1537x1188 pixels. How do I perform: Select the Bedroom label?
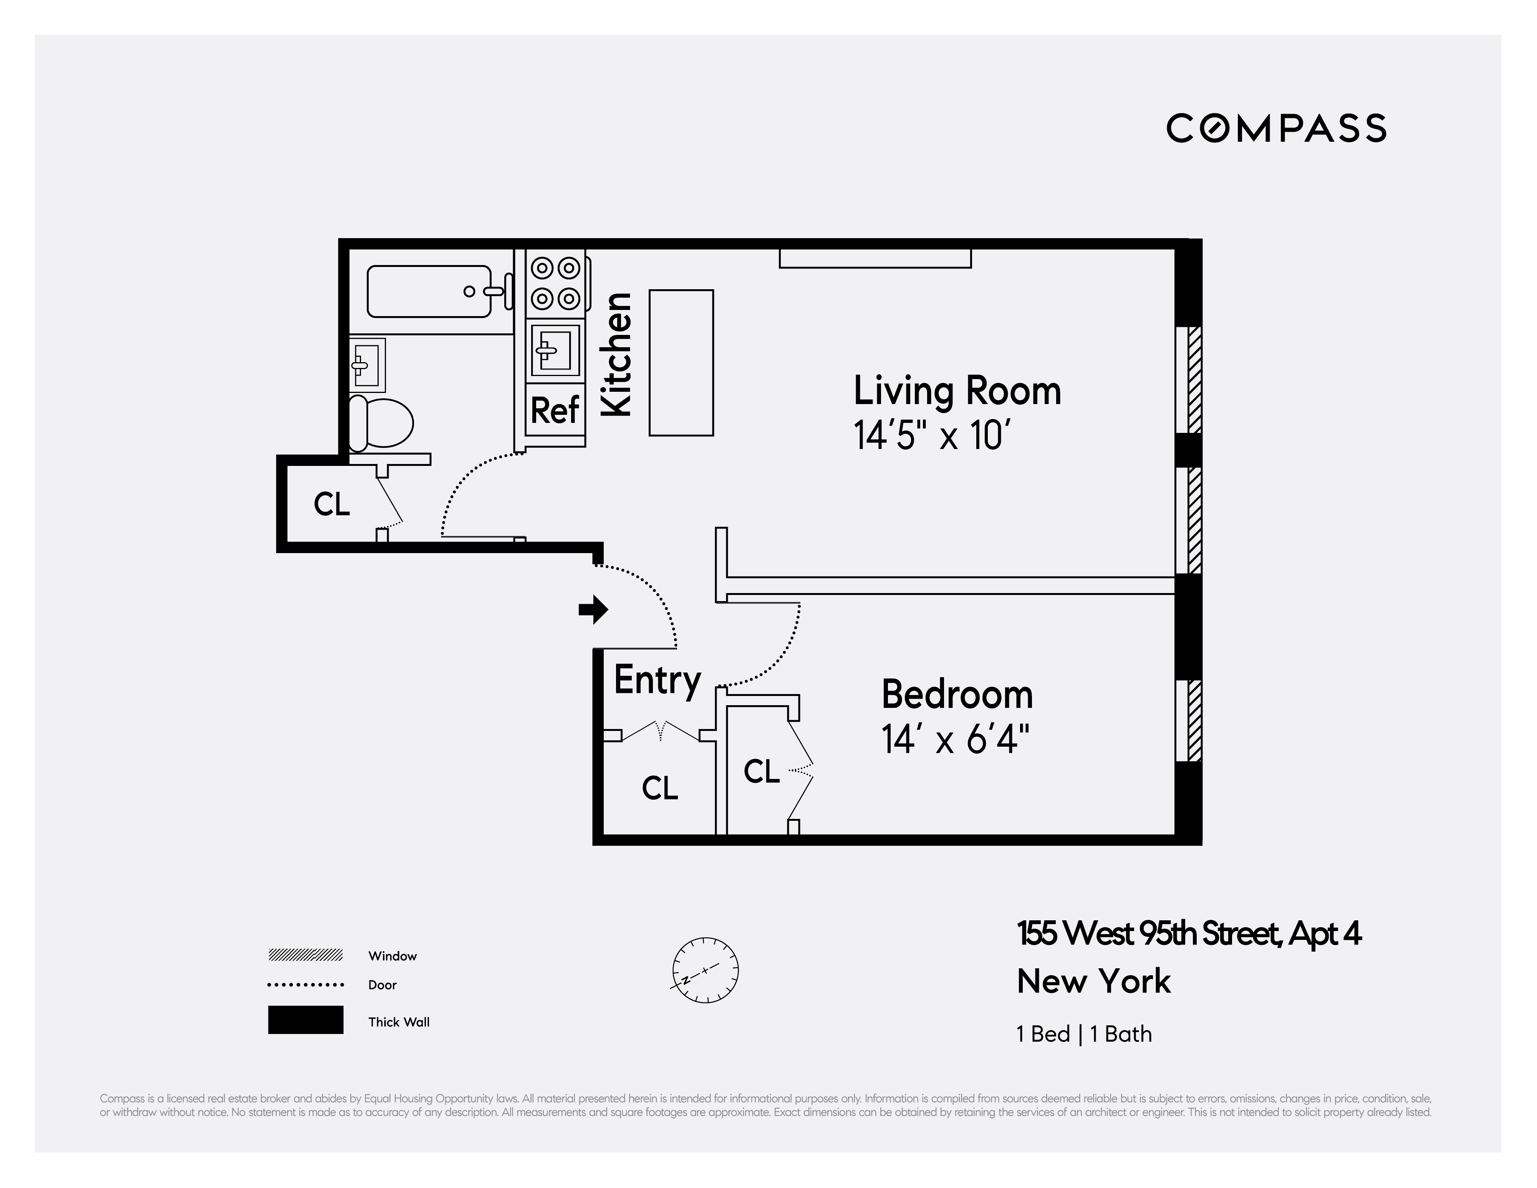[957, 695]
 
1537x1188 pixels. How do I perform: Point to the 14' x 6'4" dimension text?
[955, 740]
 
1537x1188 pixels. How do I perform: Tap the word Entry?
[657, 680]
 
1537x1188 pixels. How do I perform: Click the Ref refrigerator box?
[555, 409]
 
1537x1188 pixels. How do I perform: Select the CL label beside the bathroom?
[331, 504]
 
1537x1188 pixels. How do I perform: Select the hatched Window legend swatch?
[305, 955]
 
